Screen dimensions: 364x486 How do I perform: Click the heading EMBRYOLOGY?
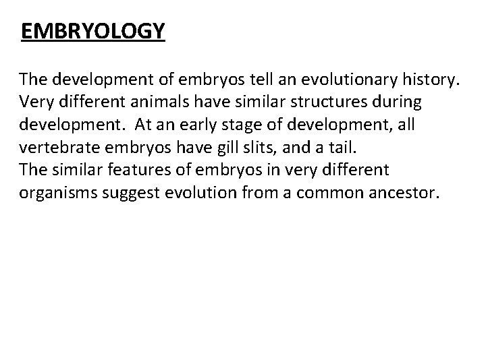click(92, 32)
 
